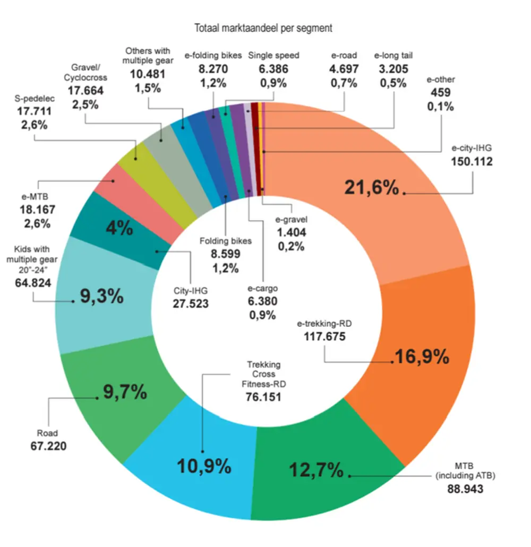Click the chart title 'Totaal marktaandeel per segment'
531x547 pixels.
pyautogui.click(x=263, y=28)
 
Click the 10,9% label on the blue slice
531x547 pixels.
pyautogui.click(x=204, y=466)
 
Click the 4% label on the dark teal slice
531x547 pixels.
pyautogui.click(x=119, y=228)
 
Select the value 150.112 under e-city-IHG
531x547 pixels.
pyautogui.click(x=472, y=161)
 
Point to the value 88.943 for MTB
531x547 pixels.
pyautogui.click(x=465, y=489)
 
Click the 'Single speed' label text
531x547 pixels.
pyautogui.click(x=273, y=55)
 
